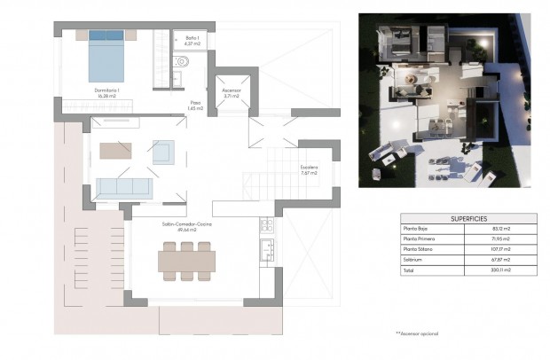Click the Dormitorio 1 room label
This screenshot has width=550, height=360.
coord(108,91)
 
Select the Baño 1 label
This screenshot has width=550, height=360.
coord(192,39)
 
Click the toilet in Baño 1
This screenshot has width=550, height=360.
coord(183,62)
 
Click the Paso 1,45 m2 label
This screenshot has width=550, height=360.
coord(196,106)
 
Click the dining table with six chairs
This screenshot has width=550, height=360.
coord(186,260)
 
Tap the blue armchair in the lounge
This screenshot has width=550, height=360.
coord(162,153)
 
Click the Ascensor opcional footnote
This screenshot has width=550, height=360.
coord(417,333)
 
